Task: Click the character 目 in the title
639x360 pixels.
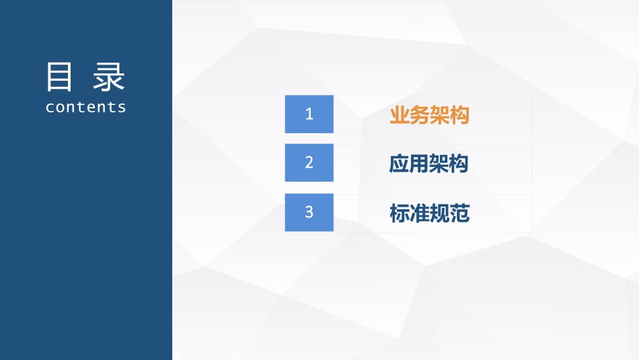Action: pos(59,77)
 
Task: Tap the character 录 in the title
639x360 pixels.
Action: pos(108,77)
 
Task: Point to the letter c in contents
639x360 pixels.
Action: pos(50,108)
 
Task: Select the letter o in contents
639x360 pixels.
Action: pos(60,108)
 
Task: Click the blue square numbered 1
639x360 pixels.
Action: pos(309,114)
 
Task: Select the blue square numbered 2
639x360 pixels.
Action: pos(309,163)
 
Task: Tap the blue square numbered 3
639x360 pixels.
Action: pos(309,213)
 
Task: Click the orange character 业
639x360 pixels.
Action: pos(400,115)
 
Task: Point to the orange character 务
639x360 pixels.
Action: pos(419,115)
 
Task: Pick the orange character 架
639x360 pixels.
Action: pos(439,115)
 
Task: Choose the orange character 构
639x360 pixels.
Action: pos(459,115)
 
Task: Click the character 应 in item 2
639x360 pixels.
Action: pos(399,164)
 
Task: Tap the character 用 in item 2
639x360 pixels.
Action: pos(418,164)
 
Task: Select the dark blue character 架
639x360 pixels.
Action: pos(439,164)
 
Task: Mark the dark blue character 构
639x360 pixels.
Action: pos(459,164)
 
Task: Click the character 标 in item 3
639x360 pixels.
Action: pos(400,213)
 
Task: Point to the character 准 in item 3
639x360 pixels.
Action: pos(419,213)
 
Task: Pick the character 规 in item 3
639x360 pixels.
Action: pos(439,213)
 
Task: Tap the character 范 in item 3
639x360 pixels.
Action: pos(459,213)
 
